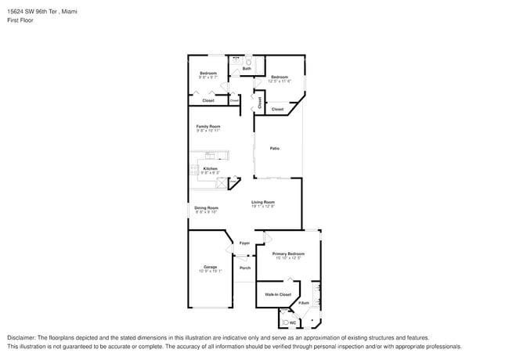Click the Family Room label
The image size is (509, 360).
(208, 126)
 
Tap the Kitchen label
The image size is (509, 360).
(211, 167)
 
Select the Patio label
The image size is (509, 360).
(275, 148)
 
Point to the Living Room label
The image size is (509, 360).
(262, 203)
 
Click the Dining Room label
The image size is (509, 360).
(206, 207)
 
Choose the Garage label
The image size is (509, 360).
(210, 267)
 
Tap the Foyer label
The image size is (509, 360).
(244, 243)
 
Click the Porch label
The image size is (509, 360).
(245, 268)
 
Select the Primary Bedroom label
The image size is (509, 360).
(288, 254)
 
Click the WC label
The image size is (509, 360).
(293, 322)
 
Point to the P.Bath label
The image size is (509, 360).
(304, 303)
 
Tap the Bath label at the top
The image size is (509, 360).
(247, 69)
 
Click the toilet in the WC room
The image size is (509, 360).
(284, 322)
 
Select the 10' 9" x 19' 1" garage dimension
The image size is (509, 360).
(210, 272)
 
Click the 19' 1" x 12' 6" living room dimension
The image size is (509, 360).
(262, 207)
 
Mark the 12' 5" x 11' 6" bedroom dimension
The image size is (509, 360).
(280, 81)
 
